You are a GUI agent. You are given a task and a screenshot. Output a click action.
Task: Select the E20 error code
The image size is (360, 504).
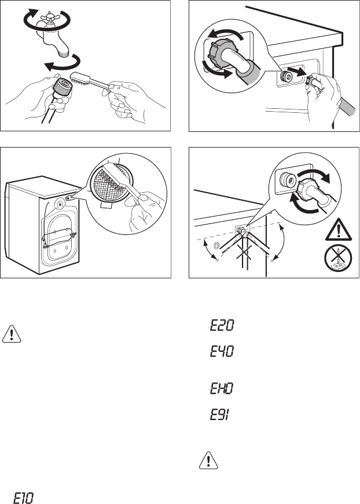[x=222, y=326]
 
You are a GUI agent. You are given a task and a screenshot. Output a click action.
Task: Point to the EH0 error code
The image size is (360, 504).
[x=222, y=389]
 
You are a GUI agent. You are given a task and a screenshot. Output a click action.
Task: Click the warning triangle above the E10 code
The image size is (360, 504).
[x=12, y=334]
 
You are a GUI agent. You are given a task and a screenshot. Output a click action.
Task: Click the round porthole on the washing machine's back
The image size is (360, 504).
[x=61, y=203]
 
